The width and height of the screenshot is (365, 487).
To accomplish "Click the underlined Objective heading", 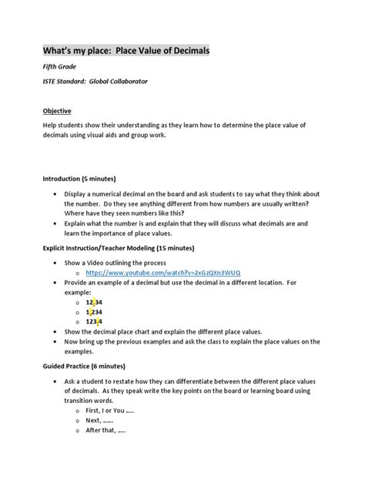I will click(57, 111).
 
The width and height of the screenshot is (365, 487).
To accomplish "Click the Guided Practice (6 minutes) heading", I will click(85, 365).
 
